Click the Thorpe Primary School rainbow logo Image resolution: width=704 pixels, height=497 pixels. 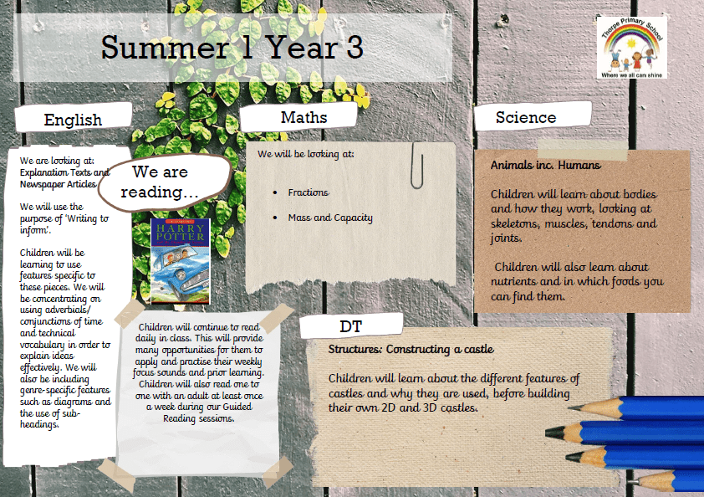[x=632, y=48]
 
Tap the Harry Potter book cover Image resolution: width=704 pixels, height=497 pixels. [x=181, y=262]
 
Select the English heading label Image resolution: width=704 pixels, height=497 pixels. [x=74, y=120]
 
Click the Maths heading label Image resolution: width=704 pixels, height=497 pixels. [x=304, y=117]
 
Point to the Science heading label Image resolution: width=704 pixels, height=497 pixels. [x=526, y=117]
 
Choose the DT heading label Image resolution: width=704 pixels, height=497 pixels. [x=350, y=326]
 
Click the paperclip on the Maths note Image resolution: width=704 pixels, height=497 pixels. [x=416, y=166]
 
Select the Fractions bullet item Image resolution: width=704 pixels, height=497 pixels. [x=308, y=192]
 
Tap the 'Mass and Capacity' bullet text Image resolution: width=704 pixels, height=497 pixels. [x=330, y=218]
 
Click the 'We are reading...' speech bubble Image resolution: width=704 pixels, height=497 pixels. [x=165, y=182]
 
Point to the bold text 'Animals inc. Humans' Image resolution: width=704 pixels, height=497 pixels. [x=545, y=166]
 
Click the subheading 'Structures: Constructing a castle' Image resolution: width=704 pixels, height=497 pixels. [x=411, y=349]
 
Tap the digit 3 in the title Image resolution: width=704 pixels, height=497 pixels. [x=355, y=48]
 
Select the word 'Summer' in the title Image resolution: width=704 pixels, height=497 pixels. [x=166, y=48]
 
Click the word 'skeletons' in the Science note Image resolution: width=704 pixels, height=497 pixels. [x=514, y=223]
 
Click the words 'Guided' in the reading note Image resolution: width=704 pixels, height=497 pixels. [x=237, y=407]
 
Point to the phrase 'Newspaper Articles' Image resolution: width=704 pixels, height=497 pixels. [x=58, y=184]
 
